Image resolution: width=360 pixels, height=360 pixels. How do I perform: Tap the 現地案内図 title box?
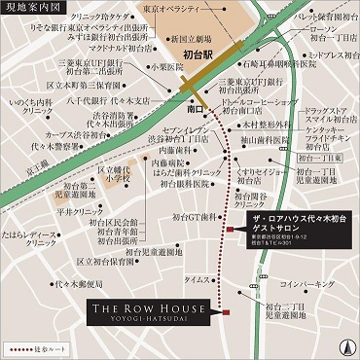pyautogui.click(x=32, y=8)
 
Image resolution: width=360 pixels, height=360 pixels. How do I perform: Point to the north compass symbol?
pyautogui.click(x=344, y=343)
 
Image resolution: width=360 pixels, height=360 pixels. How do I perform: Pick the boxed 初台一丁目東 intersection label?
pyautogui.click(x=335, y=156)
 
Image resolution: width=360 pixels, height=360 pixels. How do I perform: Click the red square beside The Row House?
pyautogui.click(x=225, y=313)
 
